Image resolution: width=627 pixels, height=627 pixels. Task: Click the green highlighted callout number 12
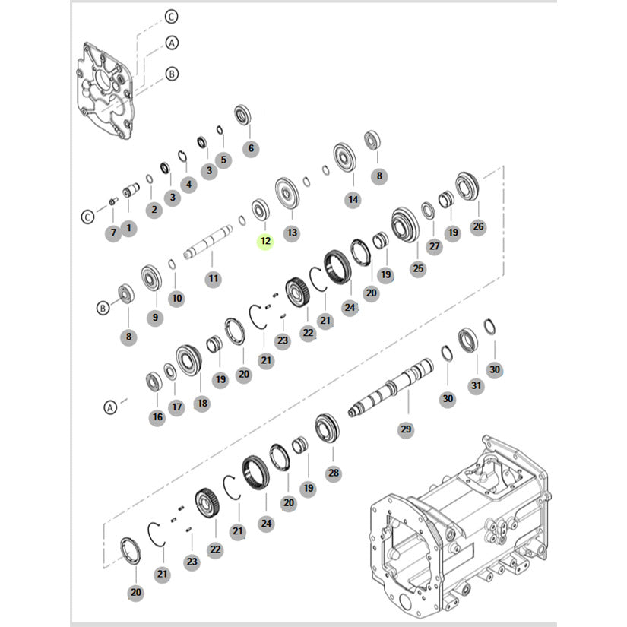[265, 241]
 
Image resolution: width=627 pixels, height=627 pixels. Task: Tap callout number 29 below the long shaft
[406, 429]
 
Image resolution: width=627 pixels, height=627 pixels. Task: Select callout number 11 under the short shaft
[213, 278]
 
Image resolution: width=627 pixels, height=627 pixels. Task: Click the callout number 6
[251, 148]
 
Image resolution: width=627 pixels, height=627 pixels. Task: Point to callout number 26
[478, 226]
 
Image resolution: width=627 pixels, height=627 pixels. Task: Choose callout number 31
[476, 385]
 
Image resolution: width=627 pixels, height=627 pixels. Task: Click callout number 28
[334, 473]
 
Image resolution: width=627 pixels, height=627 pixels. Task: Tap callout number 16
[157, 417]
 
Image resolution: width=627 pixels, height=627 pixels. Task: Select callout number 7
[113, 233]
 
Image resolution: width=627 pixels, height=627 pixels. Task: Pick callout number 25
[418, 268]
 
